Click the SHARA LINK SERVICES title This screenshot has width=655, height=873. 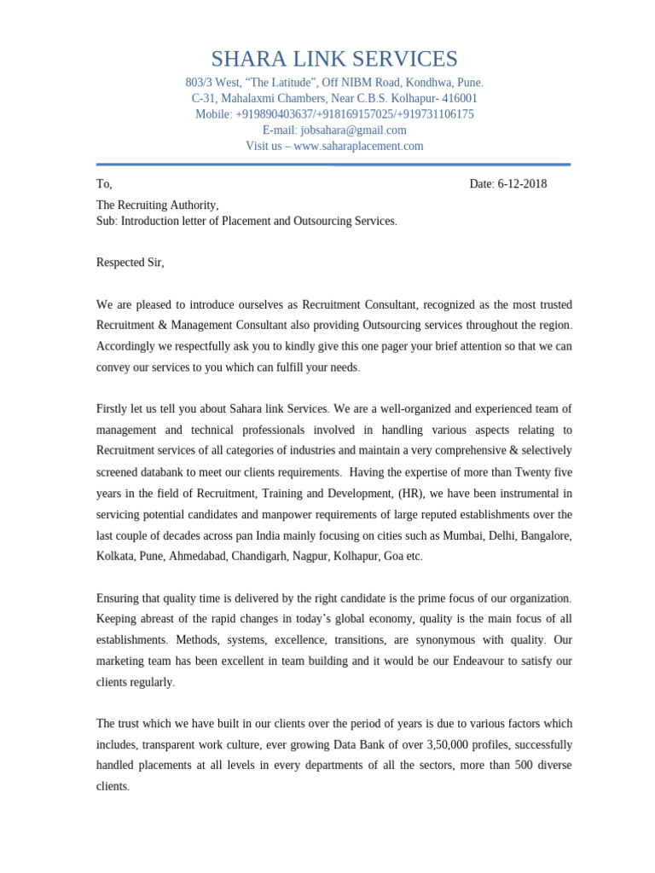pos(334,59)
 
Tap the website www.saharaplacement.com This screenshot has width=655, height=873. pos(358,146)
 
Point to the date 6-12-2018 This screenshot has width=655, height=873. pos(522,184)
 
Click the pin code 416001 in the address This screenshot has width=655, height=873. pos(460,99)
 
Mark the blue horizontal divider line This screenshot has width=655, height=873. pos(333,165)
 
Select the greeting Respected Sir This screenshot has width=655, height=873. pos(130,263)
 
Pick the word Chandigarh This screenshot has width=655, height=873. pos(255,556)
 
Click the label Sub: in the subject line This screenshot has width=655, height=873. pos(107,221)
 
